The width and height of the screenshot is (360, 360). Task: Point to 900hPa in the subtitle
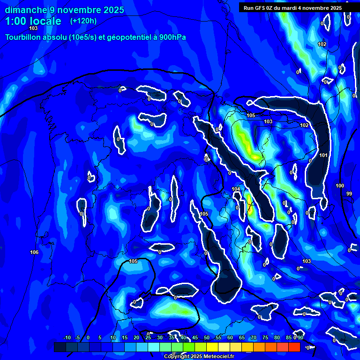(172, 37)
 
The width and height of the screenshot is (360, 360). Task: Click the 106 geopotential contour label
(34, 252)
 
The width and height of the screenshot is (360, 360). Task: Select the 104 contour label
(236, 189)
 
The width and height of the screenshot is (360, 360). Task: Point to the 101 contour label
(323, 155)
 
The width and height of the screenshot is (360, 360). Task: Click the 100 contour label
(340, 186)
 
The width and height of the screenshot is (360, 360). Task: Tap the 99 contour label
(349, 194)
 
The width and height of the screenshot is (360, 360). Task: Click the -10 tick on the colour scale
(67, 338)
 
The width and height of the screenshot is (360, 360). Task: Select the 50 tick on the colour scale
(207, 338)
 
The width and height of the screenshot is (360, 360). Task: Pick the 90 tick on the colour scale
(300, 338)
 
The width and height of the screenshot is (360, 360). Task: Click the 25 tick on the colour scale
(148, 338)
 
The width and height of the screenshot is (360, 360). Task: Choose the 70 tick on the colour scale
(254, 338)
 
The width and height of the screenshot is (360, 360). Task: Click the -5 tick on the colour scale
(78, 338)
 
